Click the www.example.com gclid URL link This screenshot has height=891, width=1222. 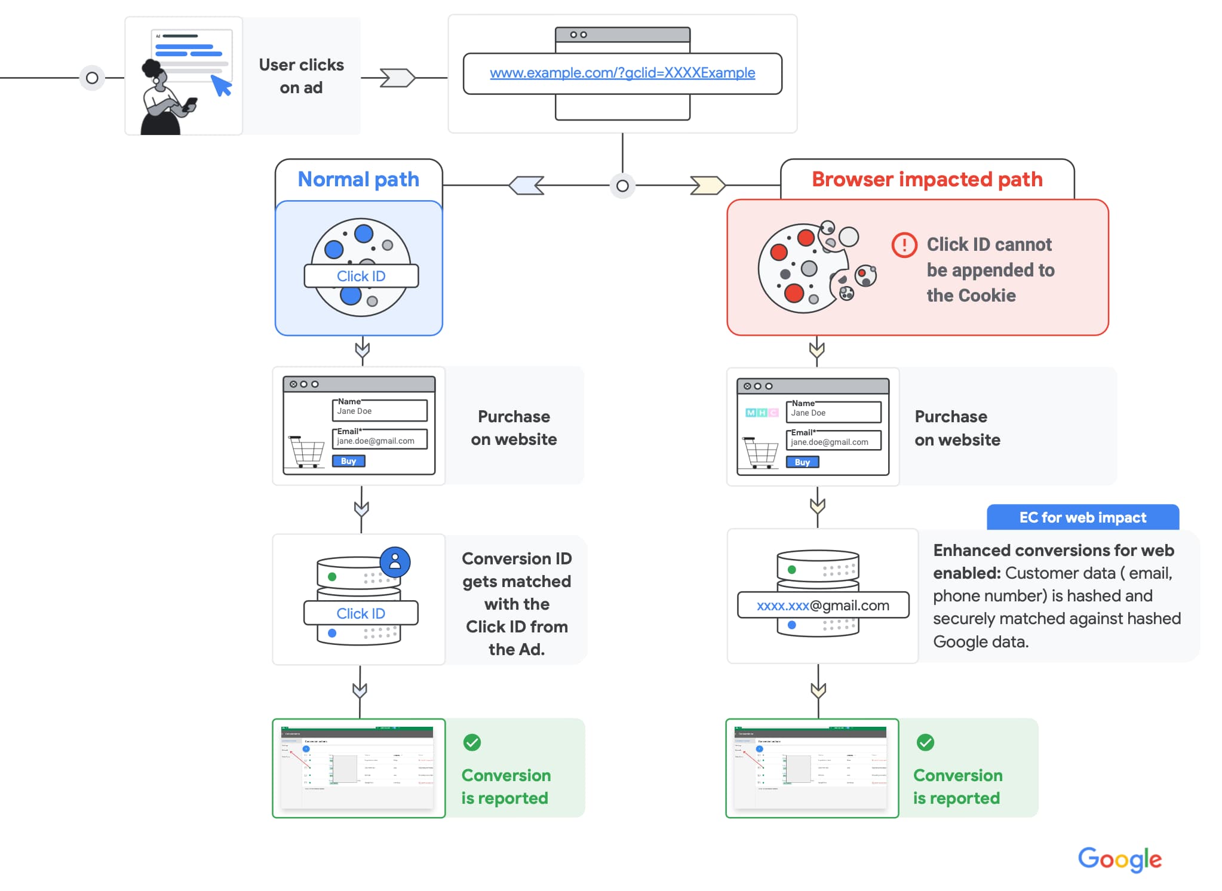point(622,73)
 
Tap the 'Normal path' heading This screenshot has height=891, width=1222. point(358,179)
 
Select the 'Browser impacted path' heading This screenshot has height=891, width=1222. point(927,179)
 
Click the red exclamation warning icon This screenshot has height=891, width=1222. point(904,245)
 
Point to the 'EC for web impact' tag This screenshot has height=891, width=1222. point(1082,517)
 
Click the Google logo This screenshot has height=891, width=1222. point(1119,859)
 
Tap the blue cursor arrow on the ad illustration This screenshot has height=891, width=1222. point(222,85)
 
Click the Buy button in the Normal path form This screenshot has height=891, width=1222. point(348,461)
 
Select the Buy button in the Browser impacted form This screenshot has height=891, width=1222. point(802,462)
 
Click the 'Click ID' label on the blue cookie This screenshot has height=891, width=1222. point(361,276)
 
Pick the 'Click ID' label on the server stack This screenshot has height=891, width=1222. point(361,613)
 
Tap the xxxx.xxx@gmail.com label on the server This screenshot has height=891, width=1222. point(823,606)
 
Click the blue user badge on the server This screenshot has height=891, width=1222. point(395,562)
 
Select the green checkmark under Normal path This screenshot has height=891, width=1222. point(472,742)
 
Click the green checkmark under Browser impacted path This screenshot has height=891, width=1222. point(925,742)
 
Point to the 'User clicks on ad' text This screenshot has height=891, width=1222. point(301,76)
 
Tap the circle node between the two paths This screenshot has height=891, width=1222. point(622,186)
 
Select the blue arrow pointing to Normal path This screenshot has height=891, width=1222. point(527,185)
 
